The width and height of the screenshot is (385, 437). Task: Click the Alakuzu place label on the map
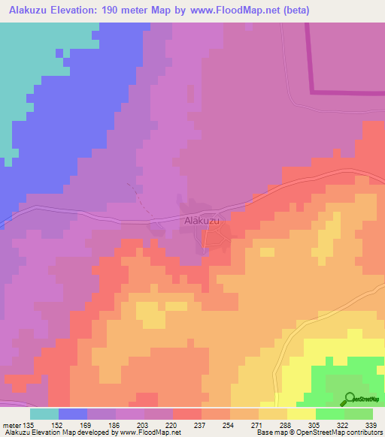click(x=202, y=221)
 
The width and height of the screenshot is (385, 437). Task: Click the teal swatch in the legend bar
click(x=44, y=414)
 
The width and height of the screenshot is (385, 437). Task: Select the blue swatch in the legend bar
click(x=73, y=414)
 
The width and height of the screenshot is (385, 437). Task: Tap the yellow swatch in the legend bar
click(x=302, y=414)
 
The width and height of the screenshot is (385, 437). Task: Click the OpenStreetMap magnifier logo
click(x=347, y=399)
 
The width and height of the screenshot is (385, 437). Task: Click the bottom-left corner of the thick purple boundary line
click(x=313, y=92)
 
